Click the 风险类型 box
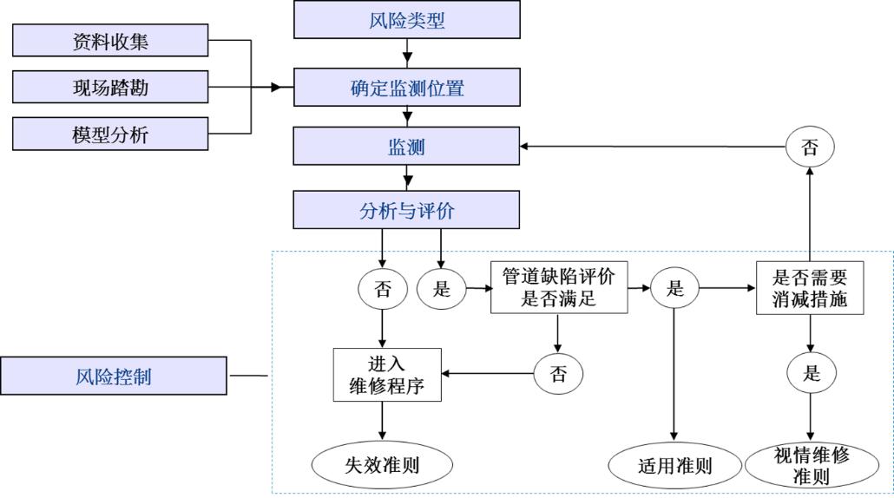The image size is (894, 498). [x=406, y=20]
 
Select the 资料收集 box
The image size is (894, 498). [x=110, y=40]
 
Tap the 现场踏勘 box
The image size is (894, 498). [x=110, y=87]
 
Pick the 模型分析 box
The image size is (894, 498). [x=110, y=134]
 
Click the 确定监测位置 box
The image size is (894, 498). [x=406, y=87]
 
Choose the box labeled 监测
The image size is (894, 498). [x=406, y=147]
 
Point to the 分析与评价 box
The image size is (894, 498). [x=406, y=210]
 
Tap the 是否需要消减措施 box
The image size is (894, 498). [x=809, y=289]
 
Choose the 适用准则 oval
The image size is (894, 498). [x=674, y=465]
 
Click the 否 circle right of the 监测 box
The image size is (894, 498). [x=809, y=147]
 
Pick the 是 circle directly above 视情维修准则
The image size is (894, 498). [x=811, y=374]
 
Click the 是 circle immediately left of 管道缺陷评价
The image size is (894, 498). [x=442, y=289]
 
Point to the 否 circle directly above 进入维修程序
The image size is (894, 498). [x=383, y=289]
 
